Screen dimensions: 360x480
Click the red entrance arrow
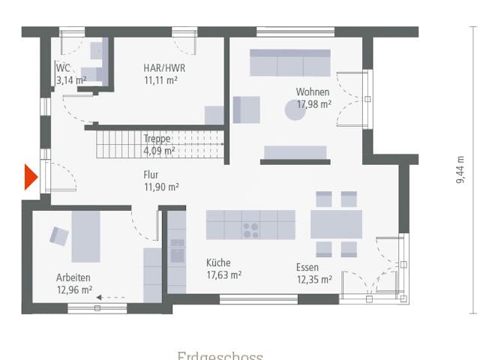[30, 177]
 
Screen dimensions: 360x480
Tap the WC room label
[63, 68]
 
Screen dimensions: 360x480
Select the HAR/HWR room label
[164, 68]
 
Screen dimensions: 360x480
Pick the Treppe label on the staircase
[157, 139]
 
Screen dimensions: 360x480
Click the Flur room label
[151, 175]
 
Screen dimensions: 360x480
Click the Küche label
[218, 263]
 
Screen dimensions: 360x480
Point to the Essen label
[307, 268]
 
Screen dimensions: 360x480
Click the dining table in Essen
[336, 224]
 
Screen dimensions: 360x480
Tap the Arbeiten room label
[73, 276]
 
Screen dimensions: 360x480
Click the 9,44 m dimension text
[460, 169]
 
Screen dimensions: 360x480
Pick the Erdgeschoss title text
[220, 355]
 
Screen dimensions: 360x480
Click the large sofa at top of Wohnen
[289, 63]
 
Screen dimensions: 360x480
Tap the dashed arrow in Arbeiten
[111, 298]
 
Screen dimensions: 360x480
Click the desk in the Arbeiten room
[85, 235]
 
